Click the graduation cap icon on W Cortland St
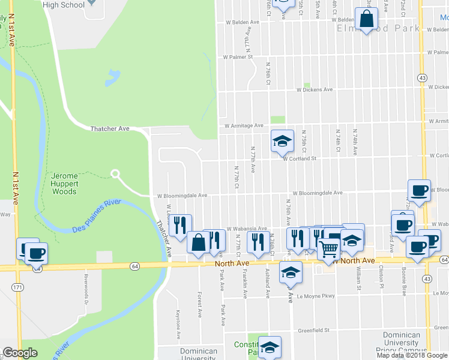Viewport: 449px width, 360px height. click(282, 142)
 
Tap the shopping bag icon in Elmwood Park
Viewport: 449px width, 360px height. click(366, 19)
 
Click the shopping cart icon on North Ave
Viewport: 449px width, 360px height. click(328, 248)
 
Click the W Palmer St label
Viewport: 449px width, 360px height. click(238, 58)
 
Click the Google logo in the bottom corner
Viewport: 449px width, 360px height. click(20, 353)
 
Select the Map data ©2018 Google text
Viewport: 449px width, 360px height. click(412, 355)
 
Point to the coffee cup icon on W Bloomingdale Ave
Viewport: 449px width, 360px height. click(420, 191)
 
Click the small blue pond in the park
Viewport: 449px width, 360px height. click(112, 78)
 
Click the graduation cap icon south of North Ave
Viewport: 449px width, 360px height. click(291, 272)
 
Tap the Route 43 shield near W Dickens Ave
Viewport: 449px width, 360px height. click(423, 78)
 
